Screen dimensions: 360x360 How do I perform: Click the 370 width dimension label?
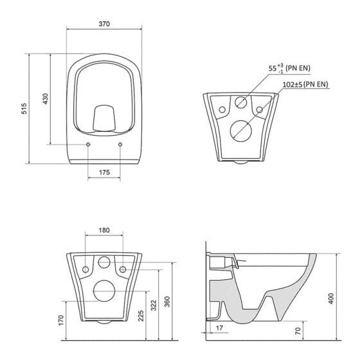pyautogui.click(x=104, y=24)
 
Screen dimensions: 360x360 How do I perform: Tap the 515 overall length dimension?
pyautogui.click(x=24, y=109)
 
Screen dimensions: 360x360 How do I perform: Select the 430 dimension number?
pyautogui.click(x=46, y=99)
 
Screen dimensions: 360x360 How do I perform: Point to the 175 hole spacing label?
pyautogui.click(x=104, y=172)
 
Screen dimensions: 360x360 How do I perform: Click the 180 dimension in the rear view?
pyautogui.click(x=104, y=230)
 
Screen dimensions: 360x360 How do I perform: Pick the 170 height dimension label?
pyautogui.click(x=61, y=320)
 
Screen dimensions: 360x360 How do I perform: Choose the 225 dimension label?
pyautogui.click(x=141, y=316)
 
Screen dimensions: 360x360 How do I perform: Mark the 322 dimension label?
pyautogui.click(x=154, y=305)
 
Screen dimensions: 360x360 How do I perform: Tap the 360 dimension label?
pyautogui.click(x=167, y=301)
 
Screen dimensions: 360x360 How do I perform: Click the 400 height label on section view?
pyautogui.click(x=331, y=298)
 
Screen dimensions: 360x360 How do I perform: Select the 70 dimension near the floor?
pyautogui.click(x=298, y=331)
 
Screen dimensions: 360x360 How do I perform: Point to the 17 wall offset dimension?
pyautogui.click(x=219, y=328)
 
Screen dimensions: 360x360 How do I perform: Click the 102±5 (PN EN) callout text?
pyautogui.click(x=305, y=84)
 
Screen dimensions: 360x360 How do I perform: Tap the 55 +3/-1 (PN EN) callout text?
pyautogui.click(x=289, y=68)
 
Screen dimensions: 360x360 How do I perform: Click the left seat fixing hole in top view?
pyautogui.click(x=88, y=145)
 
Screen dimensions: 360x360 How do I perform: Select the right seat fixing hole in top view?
pyautogui.click(x=120, y=145)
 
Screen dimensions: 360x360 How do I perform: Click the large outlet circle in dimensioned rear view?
pyautogui.click(x=104, y=280)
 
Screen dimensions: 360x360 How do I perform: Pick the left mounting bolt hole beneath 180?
pyautogui.click(x=85, y=269)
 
